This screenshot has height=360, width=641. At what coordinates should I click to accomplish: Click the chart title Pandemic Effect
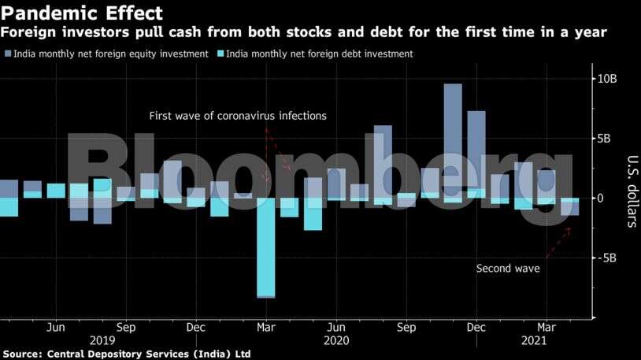82,13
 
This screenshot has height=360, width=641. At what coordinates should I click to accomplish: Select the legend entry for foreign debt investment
314,54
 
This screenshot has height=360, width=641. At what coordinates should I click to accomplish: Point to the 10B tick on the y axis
606,79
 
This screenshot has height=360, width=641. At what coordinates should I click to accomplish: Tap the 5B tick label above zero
604,139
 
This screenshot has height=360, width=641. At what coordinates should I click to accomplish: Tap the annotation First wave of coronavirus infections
238,116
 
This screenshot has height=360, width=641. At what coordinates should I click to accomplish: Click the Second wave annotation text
508,269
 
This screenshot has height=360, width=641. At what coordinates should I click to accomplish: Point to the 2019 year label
102,340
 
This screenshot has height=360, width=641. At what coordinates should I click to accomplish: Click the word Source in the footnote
22,354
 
